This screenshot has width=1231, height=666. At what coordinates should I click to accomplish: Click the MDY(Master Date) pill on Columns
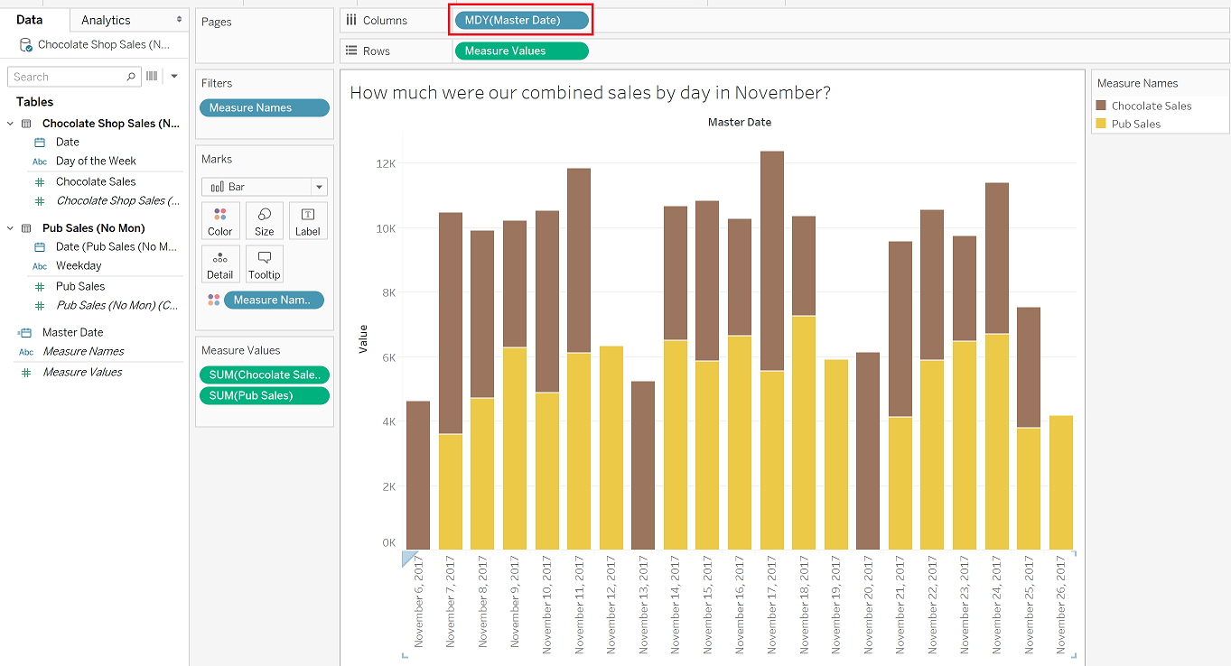[x=521, y=21]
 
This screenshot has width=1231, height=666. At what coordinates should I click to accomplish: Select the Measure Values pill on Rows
[x=521, y=51]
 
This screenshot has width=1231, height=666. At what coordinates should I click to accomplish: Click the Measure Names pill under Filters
[x=265, y=107]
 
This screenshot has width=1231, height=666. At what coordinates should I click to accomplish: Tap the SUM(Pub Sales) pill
[x=265, y=395]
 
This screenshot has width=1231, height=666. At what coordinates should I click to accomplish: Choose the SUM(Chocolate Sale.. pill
[x=265, y=375]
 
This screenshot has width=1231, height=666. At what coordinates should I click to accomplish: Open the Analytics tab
[x=106, y=21]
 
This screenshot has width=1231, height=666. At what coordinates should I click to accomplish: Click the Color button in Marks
[x=219, y=221]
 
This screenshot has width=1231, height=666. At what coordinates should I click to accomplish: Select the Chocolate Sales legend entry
[x=1143, y=106]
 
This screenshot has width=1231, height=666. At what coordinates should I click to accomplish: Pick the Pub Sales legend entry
[x=1128, y=124]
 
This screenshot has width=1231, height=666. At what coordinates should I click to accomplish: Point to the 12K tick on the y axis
[x=386, y=163]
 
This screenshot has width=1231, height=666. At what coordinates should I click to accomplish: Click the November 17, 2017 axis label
[x=772, y=605]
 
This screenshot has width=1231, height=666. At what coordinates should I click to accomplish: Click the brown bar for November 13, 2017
[x=643, y=466]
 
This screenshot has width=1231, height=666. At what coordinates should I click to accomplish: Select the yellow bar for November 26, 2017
[x=1060, y=483]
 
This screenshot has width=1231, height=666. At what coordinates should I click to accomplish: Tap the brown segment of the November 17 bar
[x=772, y=262]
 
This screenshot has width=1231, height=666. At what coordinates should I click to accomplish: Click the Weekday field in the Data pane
[x=79, y=265]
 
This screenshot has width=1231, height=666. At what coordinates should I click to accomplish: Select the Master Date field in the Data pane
[x=72, y=332]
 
